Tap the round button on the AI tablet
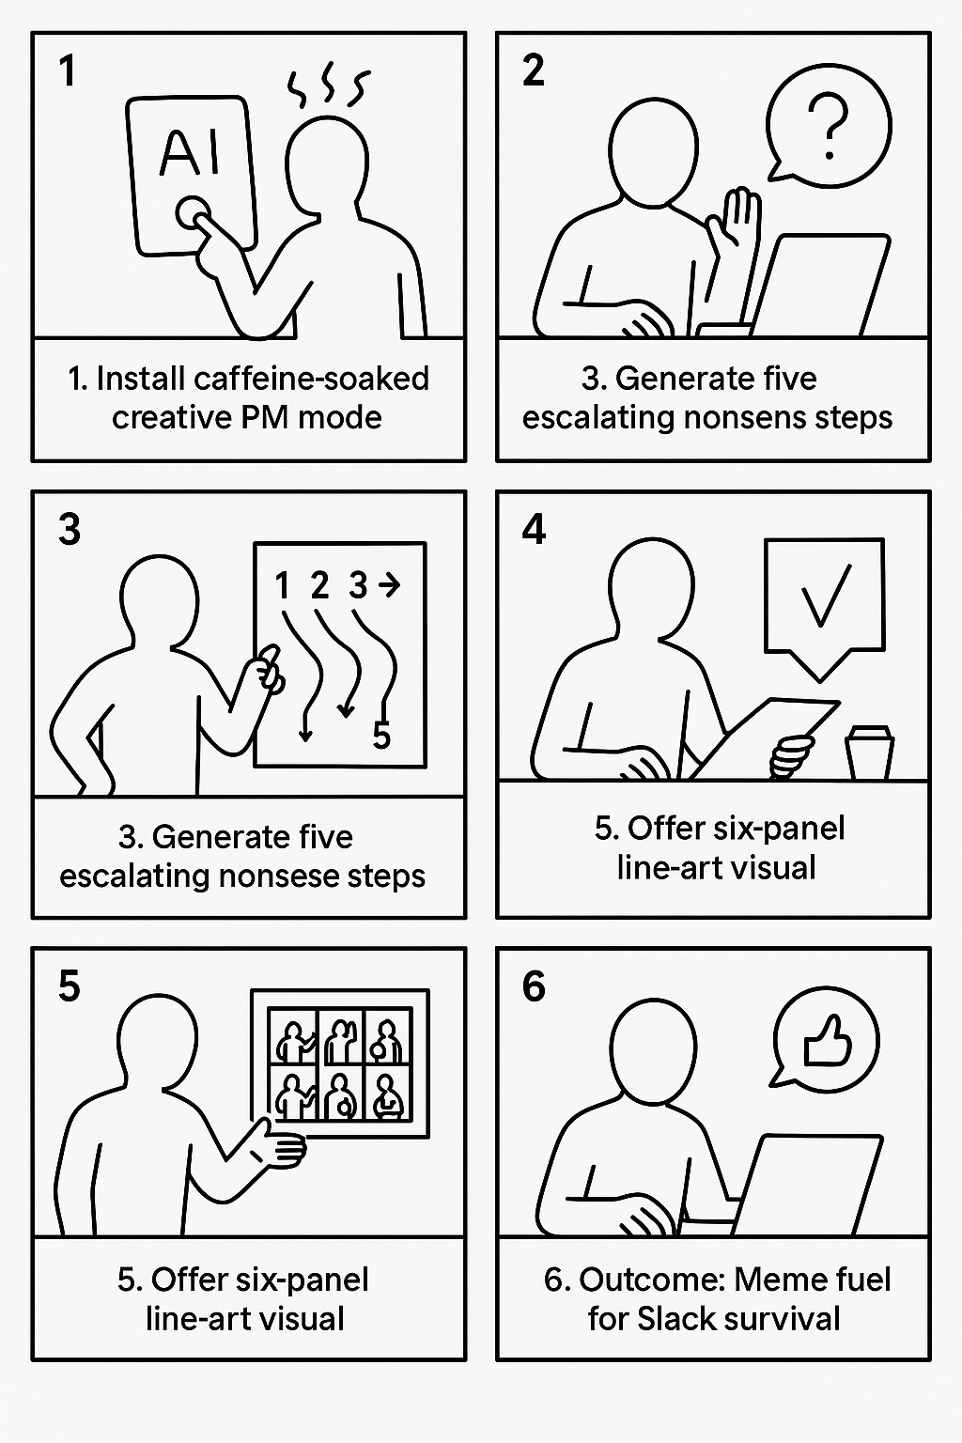[192, 212]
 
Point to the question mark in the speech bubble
[830, 127]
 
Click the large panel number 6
[534, 986]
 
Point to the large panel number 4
[534, 530]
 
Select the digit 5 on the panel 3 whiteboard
[381, 735]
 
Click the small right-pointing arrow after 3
[389, 584]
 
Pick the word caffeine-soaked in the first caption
[311, 379]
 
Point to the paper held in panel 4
[764, 737]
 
